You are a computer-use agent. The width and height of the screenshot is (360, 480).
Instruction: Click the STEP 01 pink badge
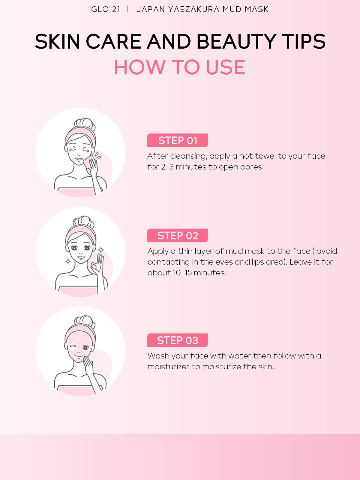[177, 140]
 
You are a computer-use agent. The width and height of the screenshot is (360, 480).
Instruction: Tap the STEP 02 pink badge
[177, 235]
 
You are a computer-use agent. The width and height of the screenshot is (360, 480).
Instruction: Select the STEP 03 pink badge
[177, 340]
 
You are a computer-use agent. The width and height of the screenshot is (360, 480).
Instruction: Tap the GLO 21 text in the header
[106, 9]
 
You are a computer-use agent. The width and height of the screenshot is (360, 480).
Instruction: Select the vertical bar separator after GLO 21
[128, 9]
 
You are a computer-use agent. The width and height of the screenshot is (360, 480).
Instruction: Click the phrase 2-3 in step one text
[167, 167]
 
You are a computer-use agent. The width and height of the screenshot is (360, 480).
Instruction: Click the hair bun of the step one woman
[85, 124]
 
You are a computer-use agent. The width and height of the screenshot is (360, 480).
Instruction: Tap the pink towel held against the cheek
[87, 162]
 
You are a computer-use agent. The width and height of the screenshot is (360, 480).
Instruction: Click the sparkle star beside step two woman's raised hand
[101, 250]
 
